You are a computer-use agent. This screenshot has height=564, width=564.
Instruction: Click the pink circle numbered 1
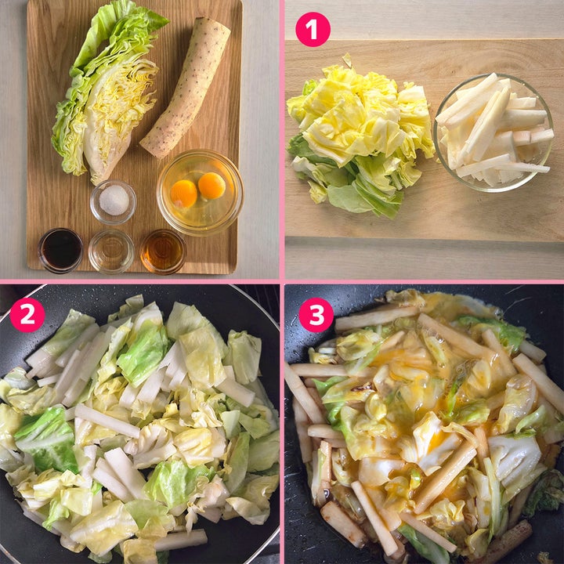click(313, 30)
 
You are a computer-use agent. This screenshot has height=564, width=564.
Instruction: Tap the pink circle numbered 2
click(27, 315)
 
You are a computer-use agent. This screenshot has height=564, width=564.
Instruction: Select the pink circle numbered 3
click(316, 315)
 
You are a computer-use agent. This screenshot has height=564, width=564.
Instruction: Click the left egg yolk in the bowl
click(183, 193)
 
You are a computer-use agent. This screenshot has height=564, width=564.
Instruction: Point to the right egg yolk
click(211, 186)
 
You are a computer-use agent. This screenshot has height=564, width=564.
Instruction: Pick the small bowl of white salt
click(114, 202)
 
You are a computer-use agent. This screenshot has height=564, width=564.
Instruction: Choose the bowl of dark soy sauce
click(61, 251)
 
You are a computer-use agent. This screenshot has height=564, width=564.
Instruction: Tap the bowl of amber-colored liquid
click(163, 251)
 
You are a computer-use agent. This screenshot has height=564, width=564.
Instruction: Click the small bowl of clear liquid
click(111, 251)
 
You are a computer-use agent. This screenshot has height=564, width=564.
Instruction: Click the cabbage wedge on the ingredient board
click(108, 93)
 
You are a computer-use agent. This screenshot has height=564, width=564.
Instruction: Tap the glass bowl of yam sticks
click(493, 132)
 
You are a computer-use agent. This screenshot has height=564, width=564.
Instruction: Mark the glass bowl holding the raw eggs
click(200, 193)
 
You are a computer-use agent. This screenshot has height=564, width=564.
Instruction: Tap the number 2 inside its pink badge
click(27, 315)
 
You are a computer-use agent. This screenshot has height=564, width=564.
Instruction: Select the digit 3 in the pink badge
click(316, 315)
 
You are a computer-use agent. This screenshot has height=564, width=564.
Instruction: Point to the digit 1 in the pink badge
click(313, 30)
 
